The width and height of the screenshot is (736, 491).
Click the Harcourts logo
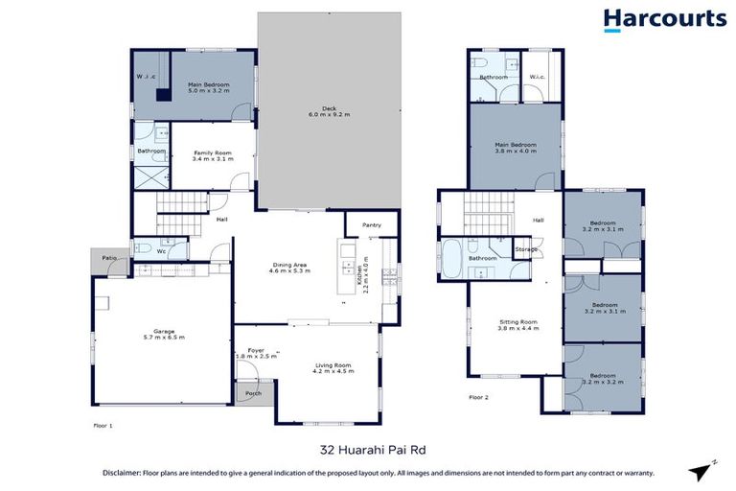coord(664,20)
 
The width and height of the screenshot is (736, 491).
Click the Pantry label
coord(372,226)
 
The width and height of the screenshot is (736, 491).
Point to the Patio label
coord(109,256)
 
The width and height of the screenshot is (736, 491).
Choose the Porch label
coord(254,393)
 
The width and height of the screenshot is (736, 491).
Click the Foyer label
coord(256,351)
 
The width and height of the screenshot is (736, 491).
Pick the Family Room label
coord(210,152)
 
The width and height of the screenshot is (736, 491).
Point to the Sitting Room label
coord(518,322)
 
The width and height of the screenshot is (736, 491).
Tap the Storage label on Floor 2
coord(526,249)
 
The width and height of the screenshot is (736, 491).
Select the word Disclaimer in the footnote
coord(125,474)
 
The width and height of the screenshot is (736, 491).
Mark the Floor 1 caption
coord(103,423)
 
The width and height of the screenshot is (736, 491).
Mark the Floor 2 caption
coord(479,396)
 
